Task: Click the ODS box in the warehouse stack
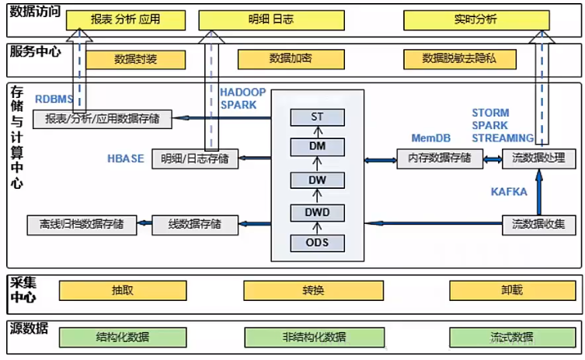click(317, 242)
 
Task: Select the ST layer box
click(317, 117)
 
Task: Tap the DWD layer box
click(317, 211)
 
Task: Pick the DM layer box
click(317, 148)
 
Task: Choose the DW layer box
click(317, 180)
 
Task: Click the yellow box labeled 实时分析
click(476, 20)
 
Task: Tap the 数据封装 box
click(136, 59)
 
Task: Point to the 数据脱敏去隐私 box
click(459, 59)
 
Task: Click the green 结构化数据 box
click(124, 337)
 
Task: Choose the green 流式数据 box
click(511, 337)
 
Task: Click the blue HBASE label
click(126, 159)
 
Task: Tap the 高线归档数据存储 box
click(81, 225)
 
